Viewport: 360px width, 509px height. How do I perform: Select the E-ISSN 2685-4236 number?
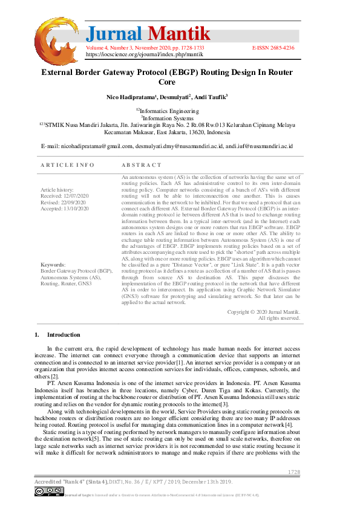273,47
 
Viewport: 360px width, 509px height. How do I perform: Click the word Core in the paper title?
166,82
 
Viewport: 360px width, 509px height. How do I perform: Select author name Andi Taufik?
211,97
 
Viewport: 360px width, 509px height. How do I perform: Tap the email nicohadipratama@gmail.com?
87,146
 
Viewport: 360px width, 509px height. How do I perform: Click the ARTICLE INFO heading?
67,165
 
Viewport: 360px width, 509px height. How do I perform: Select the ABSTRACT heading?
142,165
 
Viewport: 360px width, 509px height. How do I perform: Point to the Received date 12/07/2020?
65,196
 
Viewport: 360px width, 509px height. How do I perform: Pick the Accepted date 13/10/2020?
65,208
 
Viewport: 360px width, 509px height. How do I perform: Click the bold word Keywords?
53,265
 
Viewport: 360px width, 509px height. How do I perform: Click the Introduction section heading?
64,334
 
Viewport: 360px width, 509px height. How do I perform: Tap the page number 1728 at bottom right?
293,472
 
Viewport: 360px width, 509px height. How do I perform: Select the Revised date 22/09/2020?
64,202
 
